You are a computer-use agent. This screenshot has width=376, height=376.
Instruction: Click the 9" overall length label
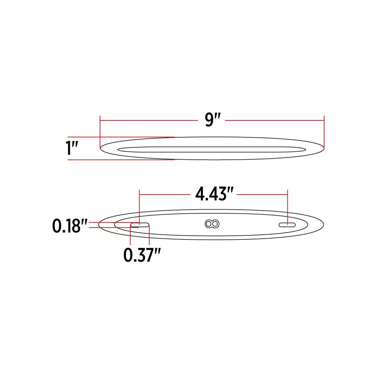[212, 120]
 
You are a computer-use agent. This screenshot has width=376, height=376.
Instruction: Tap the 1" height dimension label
[72, 148]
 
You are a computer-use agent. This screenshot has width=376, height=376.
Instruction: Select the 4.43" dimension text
[216, 194]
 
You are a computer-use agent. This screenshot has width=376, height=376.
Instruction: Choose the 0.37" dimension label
[142, 256]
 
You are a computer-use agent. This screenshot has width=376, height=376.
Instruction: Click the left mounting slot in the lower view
[140, 225]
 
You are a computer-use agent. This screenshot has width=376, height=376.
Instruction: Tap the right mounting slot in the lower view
[287, 225]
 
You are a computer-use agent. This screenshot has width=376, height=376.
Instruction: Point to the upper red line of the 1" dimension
[121, 137]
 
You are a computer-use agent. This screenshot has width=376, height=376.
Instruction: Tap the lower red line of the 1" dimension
[121, 160]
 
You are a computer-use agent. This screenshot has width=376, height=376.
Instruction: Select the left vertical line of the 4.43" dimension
[140, 206]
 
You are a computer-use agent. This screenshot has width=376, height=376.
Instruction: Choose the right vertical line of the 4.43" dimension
[288, 206]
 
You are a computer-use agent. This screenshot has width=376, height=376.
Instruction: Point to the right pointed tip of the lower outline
[323, 225]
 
